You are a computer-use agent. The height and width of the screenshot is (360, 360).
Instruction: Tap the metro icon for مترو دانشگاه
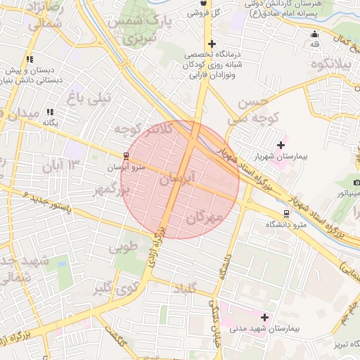[x=286, y=213]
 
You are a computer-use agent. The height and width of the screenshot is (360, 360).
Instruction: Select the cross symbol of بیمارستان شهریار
[x=281, y=146]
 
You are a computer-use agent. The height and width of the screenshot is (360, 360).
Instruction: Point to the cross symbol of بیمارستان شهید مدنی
[x=264, y=317]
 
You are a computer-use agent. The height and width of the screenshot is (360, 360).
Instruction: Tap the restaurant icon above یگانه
[x=49, y=112]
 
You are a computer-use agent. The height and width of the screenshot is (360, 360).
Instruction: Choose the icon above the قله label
[x=314, y=34]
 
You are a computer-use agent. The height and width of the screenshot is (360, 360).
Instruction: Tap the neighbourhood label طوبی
[x=123, y=247]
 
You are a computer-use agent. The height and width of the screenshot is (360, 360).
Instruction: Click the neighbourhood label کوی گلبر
[x=112, y=288]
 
